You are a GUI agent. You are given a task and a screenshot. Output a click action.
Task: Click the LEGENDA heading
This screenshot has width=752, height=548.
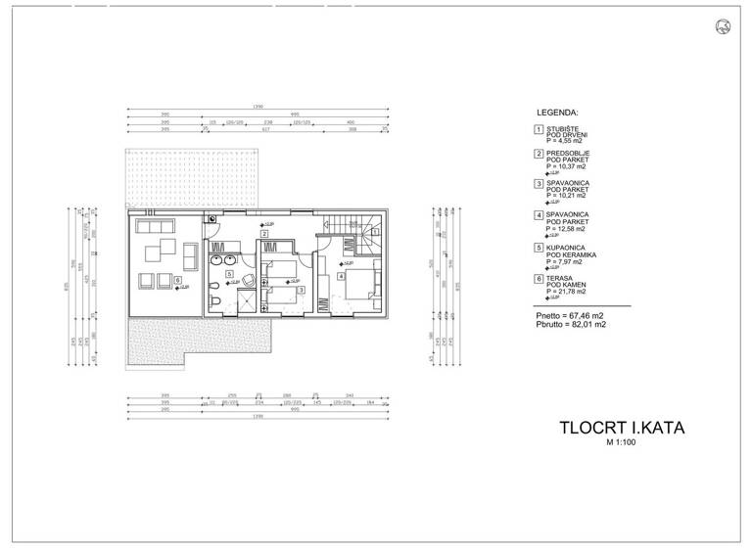pos(558,113)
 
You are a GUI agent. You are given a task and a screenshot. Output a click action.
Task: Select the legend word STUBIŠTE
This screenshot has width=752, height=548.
pos(561,129)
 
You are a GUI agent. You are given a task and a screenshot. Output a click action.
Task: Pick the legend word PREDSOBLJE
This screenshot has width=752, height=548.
pos(568,154)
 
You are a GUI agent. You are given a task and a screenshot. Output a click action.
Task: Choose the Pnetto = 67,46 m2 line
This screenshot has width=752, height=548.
pos(571,316)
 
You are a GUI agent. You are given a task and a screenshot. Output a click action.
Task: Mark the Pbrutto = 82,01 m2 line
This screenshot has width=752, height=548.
pos(572,324)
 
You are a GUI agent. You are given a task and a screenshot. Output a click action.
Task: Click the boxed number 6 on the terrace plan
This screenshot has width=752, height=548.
pos(177,280)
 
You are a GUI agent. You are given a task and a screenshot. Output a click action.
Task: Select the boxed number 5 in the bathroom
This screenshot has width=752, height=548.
pos(228,274)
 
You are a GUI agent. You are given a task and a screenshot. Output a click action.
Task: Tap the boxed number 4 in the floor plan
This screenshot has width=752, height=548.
pos(340,275)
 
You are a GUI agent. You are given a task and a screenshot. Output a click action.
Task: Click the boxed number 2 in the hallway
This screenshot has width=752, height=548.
pos(263,234)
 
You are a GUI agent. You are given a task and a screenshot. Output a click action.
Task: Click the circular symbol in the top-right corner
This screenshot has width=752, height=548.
pos(725,25)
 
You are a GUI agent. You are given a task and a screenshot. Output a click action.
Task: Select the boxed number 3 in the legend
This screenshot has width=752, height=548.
pos(538,183)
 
